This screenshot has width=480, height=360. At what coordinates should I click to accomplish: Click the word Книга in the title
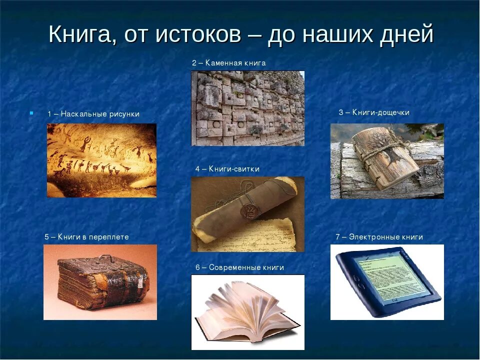click(80, 35)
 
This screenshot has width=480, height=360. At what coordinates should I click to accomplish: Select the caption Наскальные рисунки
click(99, 114)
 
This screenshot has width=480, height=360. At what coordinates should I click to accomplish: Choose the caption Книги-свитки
click(233, 169)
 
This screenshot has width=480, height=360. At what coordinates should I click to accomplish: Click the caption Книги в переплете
click(93, 237)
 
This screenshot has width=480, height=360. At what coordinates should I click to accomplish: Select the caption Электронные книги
click(385, 237)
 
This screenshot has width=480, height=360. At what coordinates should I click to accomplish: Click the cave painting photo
click(101, 160)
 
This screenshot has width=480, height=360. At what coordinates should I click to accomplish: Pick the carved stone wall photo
click(247, 108)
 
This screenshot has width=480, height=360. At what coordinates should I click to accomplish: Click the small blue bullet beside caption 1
click(31, 113)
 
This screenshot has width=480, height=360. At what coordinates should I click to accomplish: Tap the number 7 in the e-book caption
click(338, 237)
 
